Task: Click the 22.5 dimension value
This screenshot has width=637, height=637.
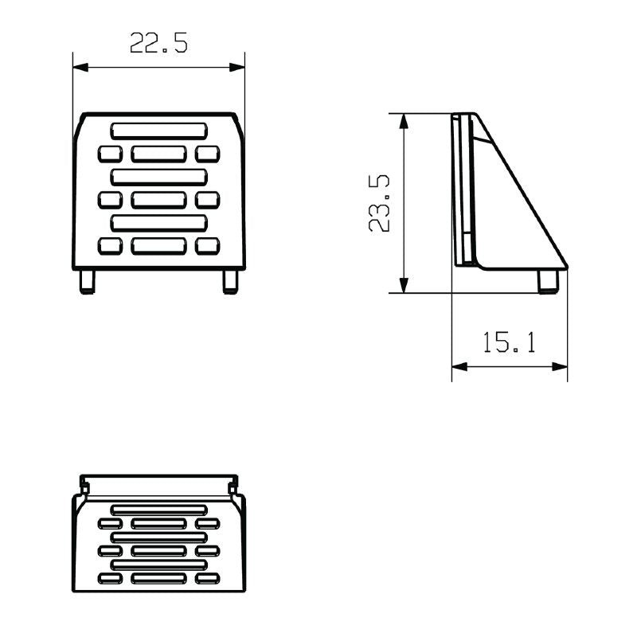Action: click(159, 43)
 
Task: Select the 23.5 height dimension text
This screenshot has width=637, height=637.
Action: click(380, 204)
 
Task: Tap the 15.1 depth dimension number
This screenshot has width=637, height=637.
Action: click(510, 342)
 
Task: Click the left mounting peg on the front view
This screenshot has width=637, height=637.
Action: click(87, 282)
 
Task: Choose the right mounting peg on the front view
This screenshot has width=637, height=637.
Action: click(230, 282)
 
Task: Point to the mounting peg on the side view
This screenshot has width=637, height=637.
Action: click(548, 282)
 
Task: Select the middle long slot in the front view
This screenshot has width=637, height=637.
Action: click(158, 177)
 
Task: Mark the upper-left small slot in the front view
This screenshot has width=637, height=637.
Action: click(110, 154)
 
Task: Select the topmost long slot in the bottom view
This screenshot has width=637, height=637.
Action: click(158, 509)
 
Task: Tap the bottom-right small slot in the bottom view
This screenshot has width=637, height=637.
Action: click(207, 578)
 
